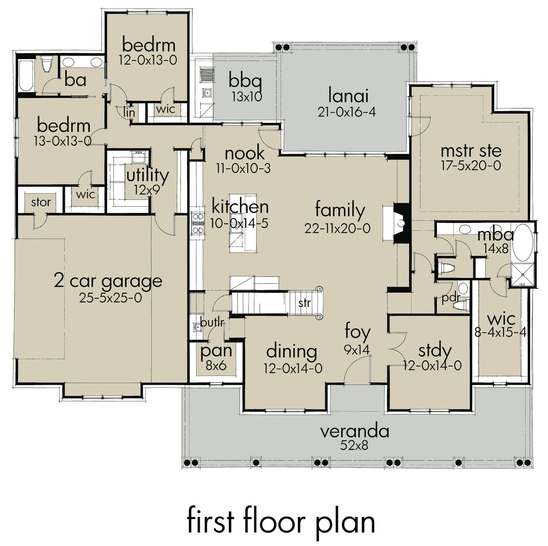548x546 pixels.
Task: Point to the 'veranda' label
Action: [x=355, y=431]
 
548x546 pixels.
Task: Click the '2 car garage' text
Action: [x=108, y=281]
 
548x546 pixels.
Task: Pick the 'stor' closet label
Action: [x=41, y=202]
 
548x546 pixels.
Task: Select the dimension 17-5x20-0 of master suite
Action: [x=471, y=166]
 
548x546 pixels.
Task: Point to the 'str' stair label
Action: [x=304, y=303]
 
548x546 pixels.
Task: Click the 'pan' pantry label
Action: [x=216, y=351]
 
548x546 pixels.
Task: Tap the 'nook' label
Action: [x=245, y=154]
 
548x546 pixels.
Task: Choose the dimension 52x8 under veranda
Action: [x=354, y=445]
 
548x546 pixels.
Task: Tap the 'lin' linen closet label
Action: [x=129, y=112]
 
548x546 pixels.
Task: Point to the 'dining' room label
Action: [x=292, y=352]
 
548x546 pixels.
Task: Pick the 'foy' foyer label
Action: [x=357, y=332]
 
